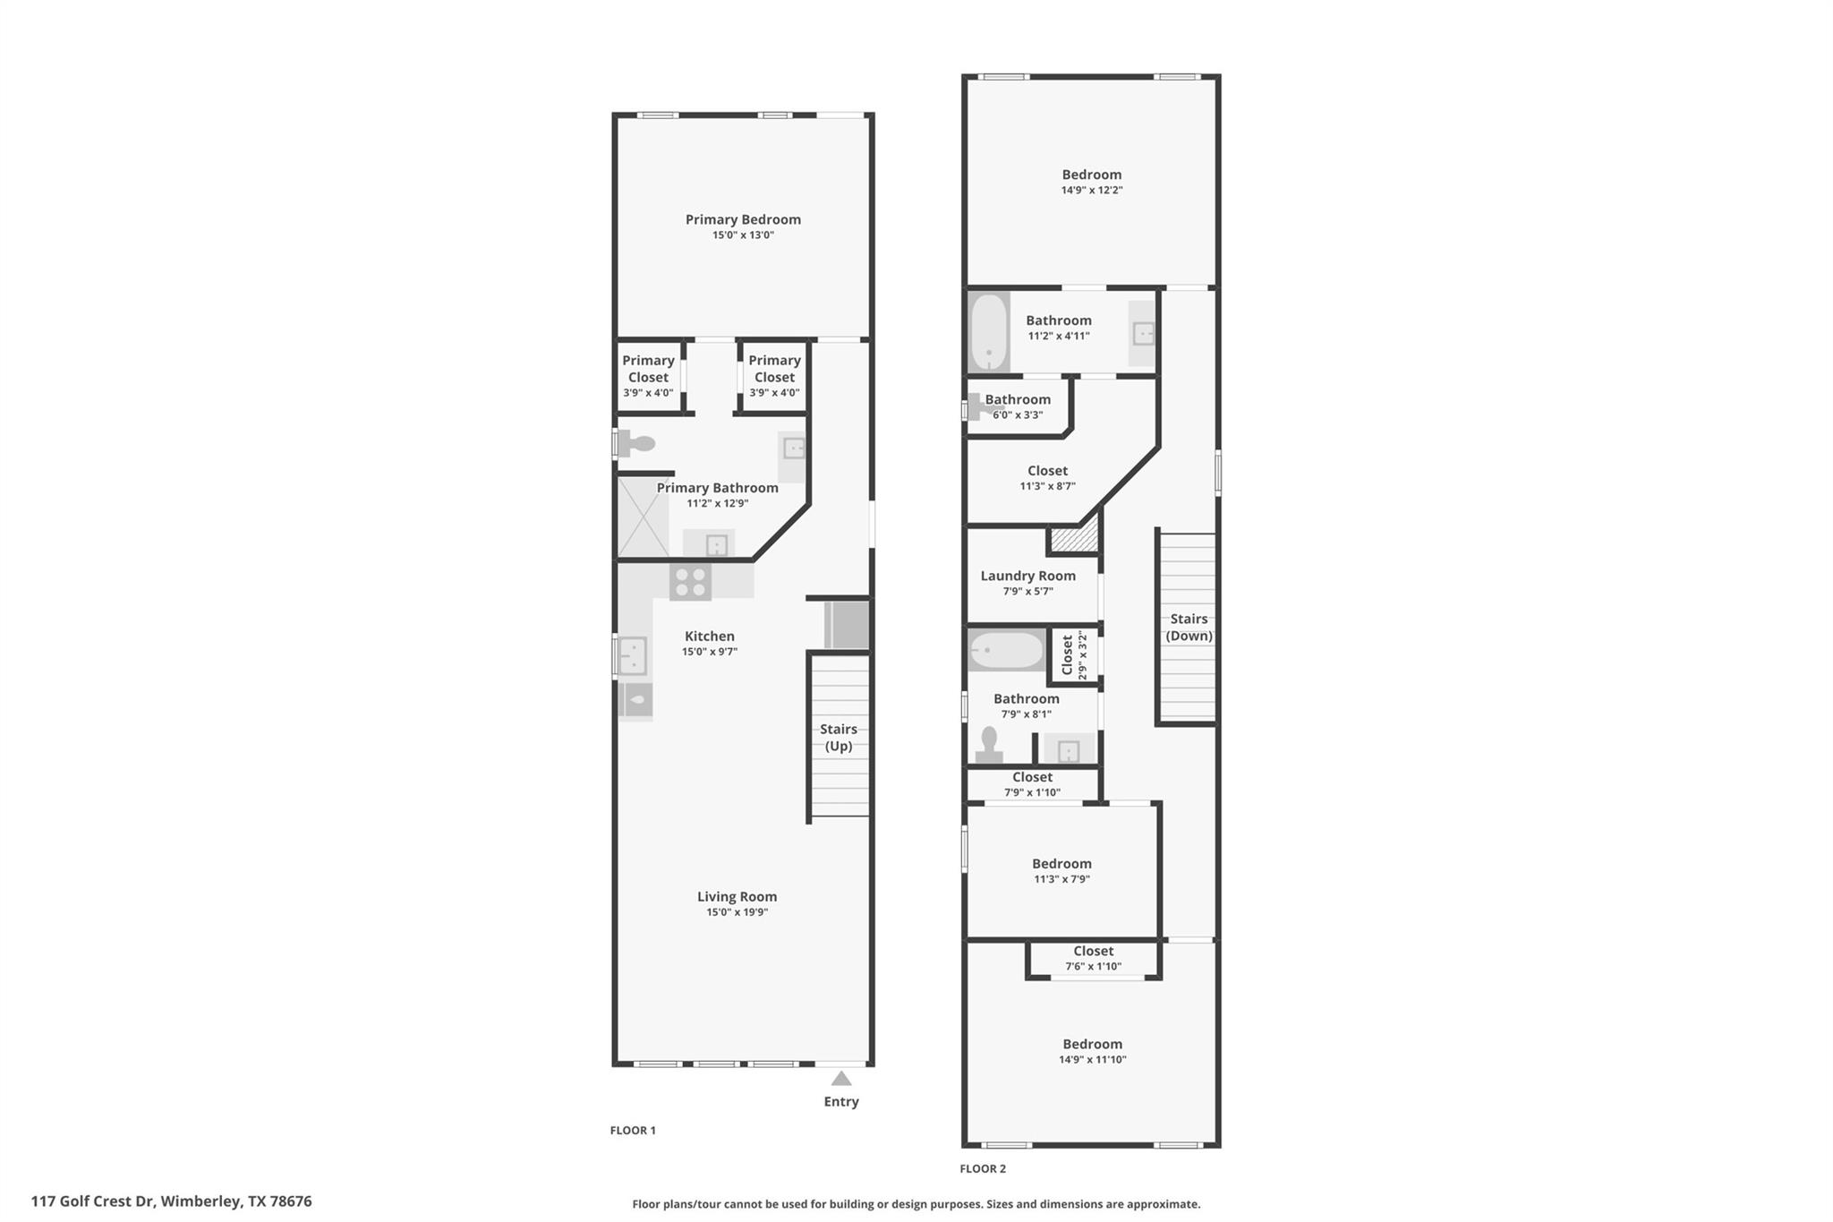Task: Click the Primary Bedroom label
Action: pyautogui.click(x=743, y=219)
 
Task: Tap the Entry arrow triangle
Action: pyautogui.click(x=841, y=1079)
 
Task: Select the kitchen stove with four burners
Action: pyautogui.click(x=690, y=583)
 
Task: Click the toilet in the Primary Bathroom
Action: pyautogui.click(x=637, y=443)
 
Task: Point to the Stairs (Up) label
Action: pyautogui.click(x=839, y=738)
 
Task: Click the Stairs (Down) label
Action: pyautogui.click(x=1189, y=627)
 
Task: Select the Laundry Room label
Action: pyautogui.click(x=1027, y=577)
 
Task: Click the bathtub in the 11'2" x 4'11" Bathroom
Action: pyautogui.click(x=989, y=332)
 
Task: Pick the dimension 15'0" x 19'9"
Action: pyautogui.click(x=737, y=912)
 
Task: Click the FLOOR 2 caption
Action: pyautogui.click(x=983, y=1168)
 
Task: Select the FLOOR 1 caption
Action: pyautogui.click(x=633, y=1130)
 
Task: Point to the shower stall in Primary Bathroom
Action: pyautogui.click(x=643, y=517)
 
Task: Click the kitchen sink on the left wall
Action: pyautogui.click(x=632, y=655)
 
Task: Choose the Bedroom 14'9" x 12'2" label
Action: pyautogui.click(x=1091, y=175)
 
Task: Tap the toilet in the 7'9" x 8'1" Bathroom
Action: pyautogui.click(x=989, y=745)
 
